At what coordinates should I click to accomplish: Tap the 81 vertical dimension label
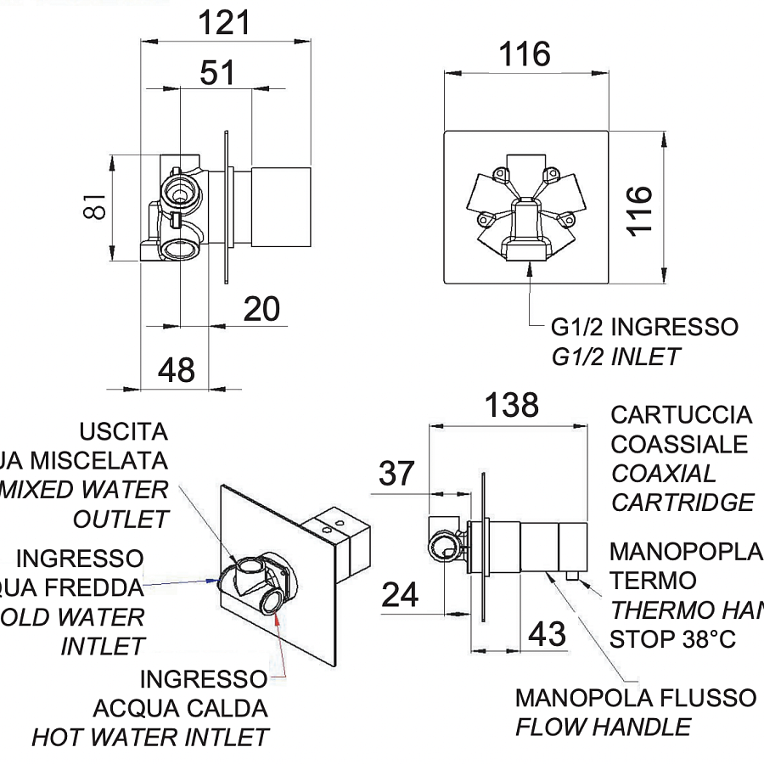[x=97, y=204]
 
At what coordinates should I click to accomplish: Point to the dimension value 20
[x=261, y=310]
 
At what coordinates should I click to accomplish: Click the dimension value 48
[x=177, y=369]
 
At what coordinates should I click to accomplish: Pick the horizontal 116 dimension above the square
[x=525, y=55]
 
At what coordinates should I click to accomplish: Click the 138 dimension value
[x=513, y=405]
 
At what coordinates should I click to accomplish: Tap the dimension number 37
[x=396, y=474]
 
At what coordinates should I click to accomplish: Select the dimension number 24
[x=400, y=595]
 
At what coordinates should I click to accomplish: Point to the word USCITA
[x=124, y=431]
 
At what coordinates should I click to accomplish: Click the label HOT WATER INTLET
[x=150, y=737]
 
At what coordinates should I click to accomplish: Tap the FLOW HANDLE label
[x=603, y=727]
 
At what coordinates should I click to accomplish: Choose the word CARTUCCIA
[x=681, y=415]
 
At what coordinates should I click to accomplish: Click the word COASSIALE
[x=679, y=444]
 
